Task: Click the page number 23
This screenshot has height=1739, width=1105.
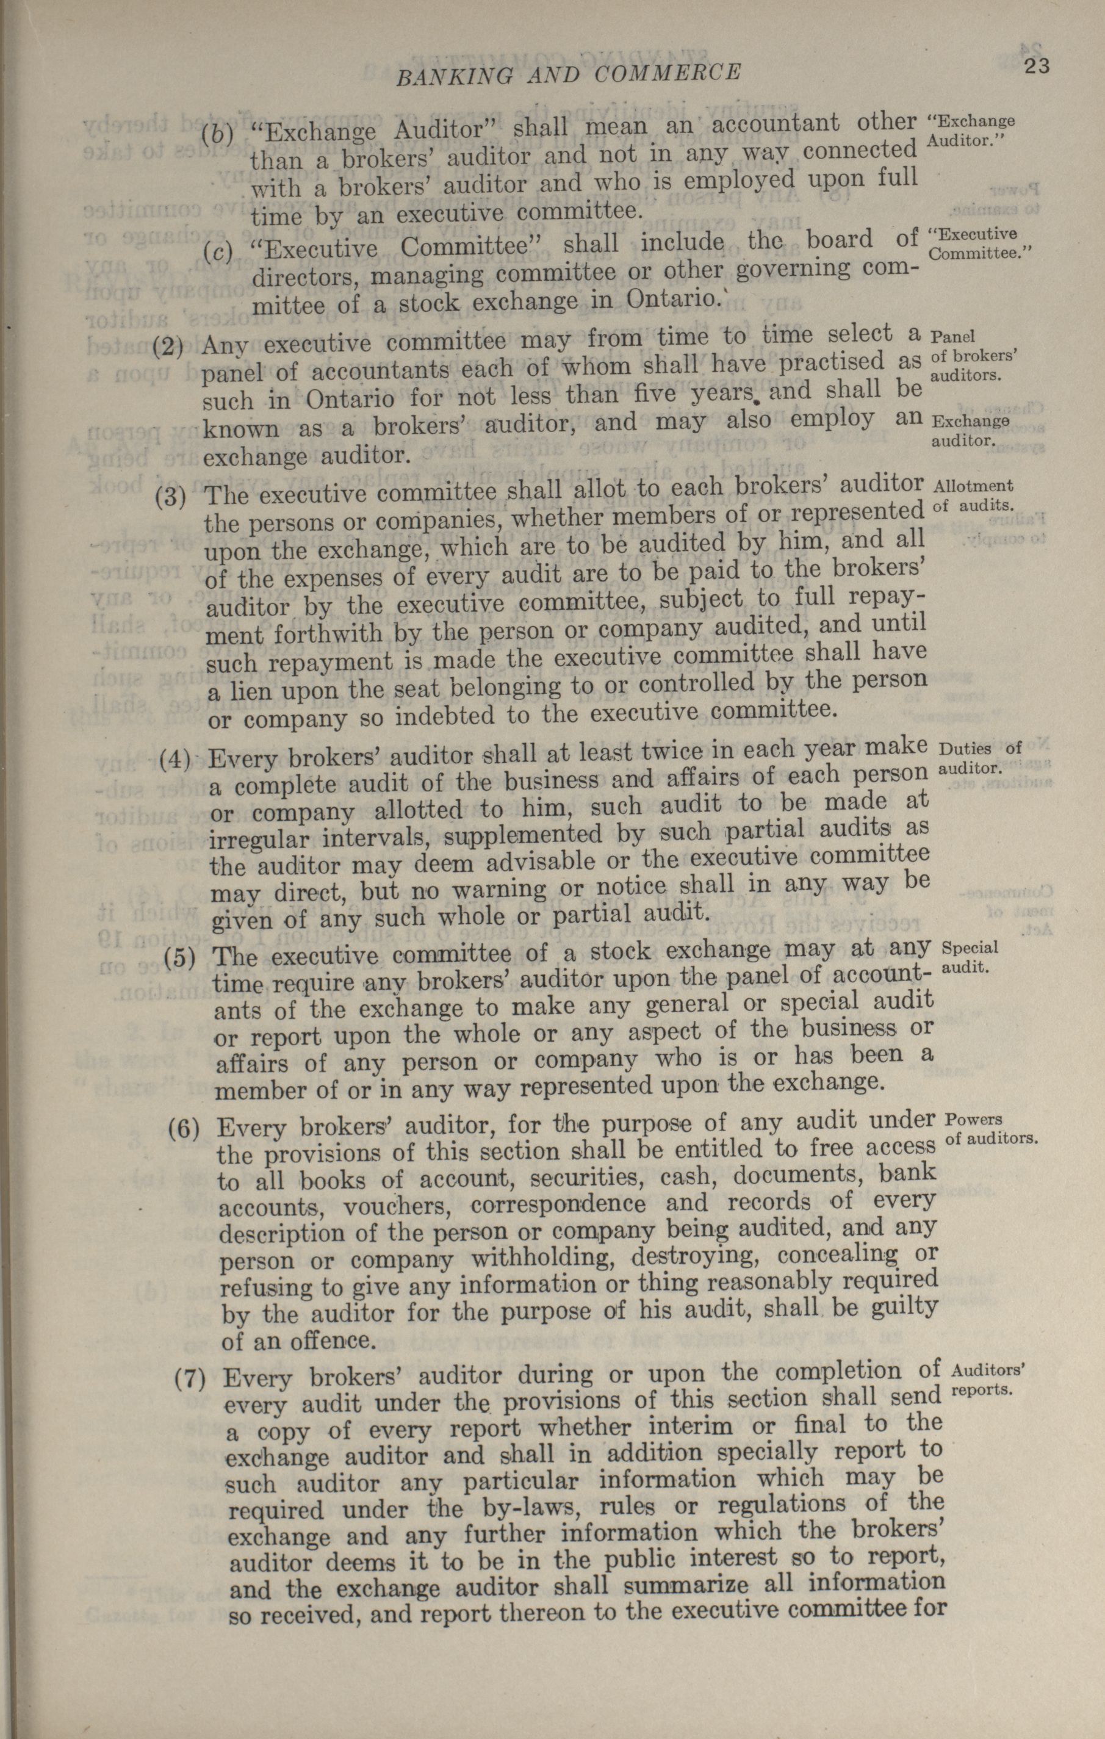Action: tap(1035, 67)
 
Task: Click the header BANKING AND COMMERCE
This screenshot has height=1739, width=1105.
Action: tap(569, 73)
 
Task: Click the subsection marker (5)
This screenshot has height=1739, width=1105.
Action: tap(181, 957)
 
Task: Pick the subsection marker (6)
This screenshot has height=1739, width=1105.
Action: tap(184, 1128)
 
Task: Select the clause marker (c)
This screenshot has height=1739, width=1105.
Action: tap(218, 251)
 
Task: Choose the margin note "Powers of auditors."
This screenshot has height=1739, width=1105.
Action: tap(991, 1129)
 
